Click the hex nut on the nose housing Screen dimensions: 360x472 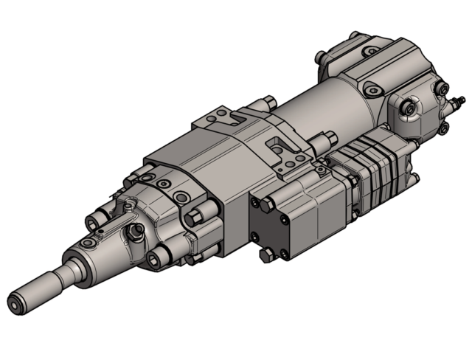pos(136,233)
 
